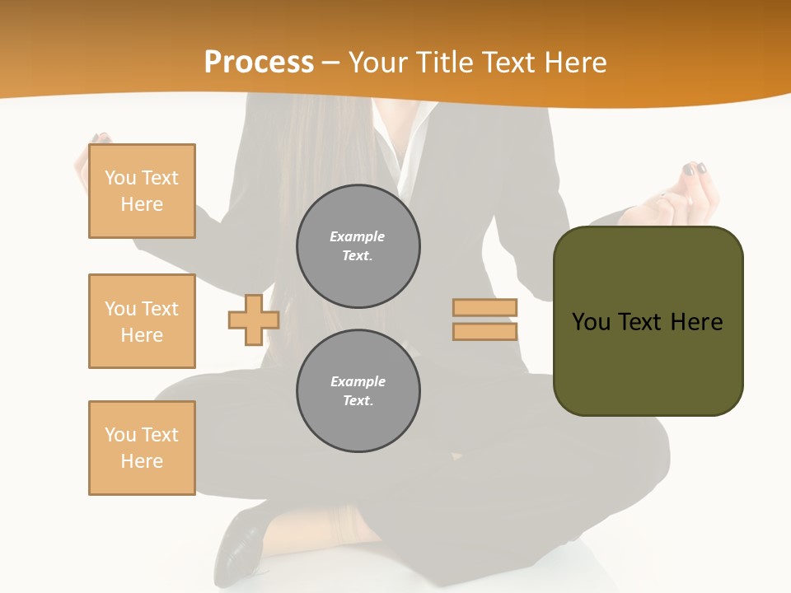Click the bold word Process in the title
coord(259,63)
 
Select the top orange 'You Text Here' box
coord(142,191)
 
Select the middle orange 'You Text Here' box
coord(142,321)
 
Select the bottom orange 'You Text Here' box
coord(142,448)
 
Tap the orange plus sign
coord(254,320)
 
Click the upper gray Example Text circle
coord(358,246)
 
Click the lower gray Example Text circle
coord(358,391)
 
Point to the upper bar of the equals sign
coord(484,308)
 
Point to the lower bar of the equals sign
coord(484,332)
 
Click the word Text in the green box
coord(643,322)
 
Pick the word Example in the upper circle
coord(358,236)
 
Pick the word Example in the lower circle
coord(358,381)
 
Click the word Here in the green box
coord(696,322)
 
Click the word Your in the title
coord(377,63)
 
